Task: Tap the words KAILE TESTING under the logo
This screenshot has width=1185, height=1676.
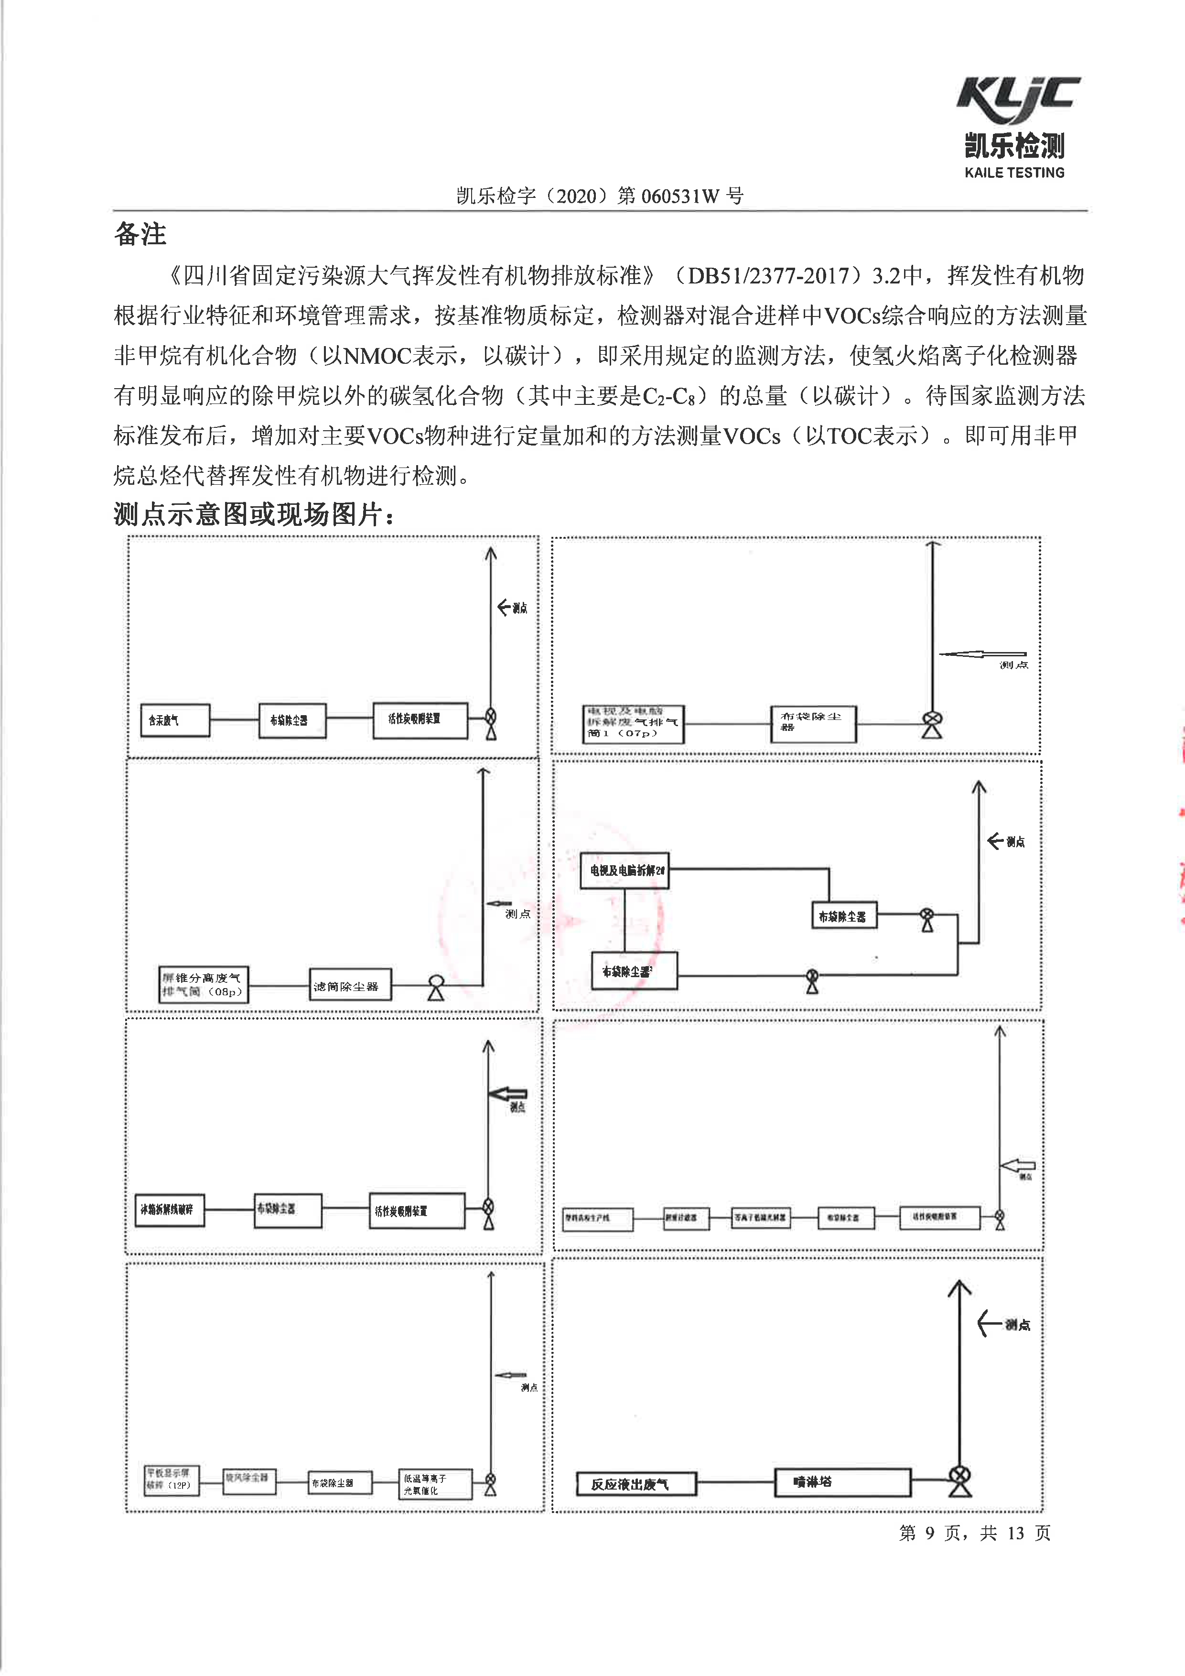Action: tap(1014, 173)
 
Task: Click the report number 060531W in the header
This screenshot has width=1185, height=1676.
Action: tap(679, 196)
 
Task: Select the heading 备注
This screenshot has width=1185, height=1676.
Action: tap(140, 234)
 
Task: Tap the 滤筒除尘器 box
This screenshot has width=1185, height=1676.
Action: tap(350, 986)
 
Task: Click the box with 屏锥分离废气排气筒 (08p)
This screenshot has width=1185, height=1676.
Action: tap(204, 985)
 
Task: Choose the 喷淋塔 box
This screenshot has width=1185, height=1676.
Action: tap(842, 1482)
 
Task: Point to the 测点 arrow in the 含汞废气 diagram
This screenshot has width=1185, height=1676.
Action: tap(511, 607)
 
